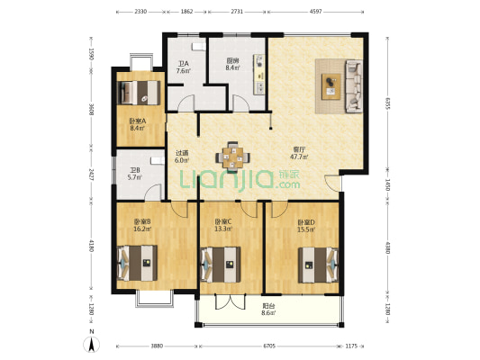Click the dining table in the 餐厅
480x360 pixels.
pos(234,156)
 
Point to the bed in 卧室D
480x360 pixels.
pos(317,263)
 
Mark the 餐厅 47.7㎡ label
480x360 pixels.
pos(298,153)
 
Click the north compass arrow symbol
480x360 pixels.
pos(93,343)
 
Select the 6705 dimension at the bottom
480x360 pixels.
pos(270,346)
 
